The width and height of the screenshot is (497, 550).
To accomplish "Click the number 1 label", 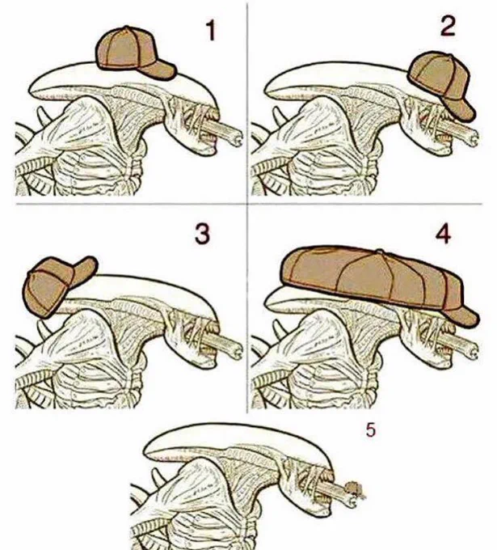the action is [x=211, y=30].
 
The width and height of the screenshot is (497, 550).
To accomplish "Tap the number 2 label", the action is [x=448, y=26].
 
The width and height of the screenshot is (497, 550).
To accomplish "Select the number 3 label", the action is [x=203, y=234].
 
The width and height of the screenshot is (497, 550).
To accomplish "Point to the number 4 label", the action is [x=443, y=234].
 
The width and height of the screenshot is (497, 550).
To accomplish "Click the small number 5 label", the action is [x=371, y=430].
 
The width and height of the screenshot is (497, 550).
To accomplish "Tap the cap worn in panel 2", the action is [x=440, y=85].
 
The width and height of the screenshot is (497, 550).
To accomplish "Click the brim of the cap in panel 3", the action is [x=84, y=269].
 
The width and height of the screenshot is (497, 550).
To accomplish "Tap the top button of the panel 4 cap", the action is [x=379, y=252].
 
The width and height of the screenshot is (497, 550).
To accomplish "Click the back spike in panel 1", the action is [x=44, y=116].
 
